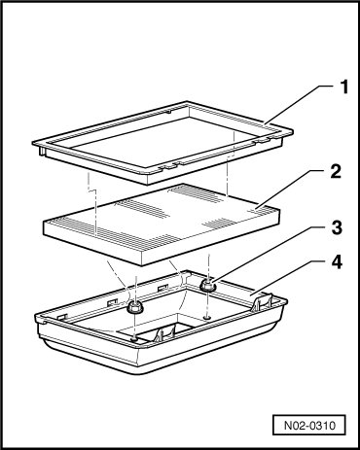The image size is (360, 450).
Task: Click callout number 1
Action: (343, 87)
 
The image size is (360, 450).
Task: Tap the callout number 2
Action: (336, 172)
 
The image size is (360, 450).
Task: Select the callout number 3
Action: (337, 227)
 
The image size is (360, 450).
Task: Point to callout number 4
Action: (337, 261)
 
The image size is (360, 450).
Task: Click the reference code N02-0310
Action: (309, 425)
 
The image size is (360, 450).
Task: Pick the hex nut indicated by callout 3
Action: (207, 285)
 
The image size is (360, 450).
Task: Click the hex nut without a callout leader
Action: (133, 306)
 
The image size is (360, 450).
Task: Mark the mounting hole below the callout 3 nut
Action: (207, 317)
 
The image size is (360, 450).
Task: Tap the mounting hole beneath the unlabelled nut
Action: (134, 339)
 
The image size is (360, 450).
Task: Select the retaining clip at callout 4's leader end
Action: (263, 301)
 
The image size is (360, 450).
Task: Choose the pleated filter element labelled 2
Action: (162, 225)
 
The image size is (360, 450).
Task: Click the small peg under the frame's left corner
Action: (42, 151)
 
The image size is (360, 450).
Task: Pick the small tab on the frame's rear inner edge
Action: (168, 112)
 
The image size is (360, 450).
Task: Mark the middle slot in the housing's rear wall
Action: (112, 301)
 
